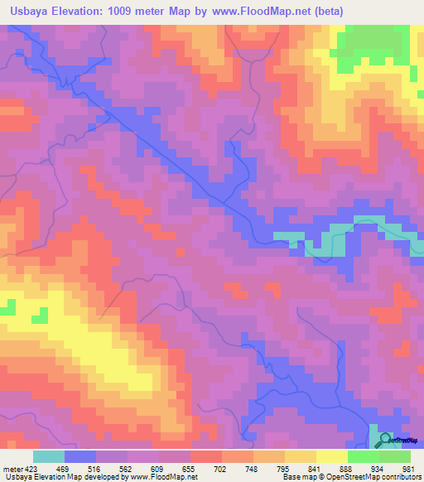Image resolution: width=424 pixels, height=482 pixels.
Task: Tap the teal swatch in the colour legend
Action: tap(48, 457)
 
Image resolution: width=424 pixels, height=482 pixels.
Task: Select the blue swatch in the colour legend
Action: tap(79, 457)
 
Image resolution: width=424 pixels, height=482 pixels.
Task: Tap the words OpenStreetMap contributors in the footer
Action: tap(372, 476)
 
